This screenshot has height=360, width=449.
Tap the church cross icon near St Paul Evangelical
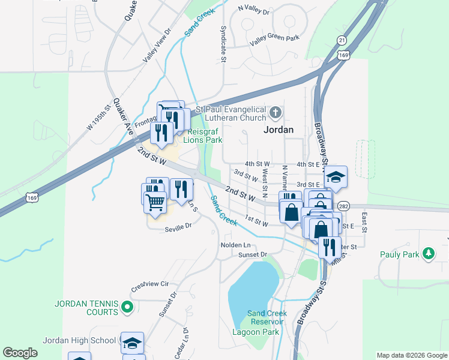pyautogui.click(x=275, y=112)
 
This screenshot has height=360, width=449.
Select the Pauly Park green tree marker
pyautogui.click(x=428, y=254)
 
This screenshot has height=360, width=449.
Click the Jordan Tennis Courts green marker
pyautogui.click(x=127, y=308)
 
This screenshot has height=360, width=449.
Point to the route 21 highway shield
pyautogui.click(x=342, y=40)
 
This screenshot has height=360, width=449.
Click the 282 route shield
pyautogui.click(x=343, y=206)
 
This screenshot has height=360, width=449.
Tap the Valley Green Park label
pyautogui.click(x=274, y=38)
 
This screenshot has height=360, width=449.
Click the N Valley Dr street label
pyautogui.click(x=254, y=9)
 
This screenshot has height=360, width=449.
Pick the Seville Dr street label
pyautogui.click(x=178, y=226)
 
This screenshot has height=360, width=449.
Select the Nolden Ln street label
pyautogui.click(x=235, y=245)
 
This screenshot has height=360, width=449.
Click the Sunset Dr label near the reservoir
pyautogui.click(x=252, y=255)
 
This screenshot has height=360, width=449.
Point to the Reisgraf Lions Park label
pyautogui.click(x=205, y=136)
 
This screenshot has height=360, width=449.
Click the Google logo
pyautogui.click(x=20, y=353)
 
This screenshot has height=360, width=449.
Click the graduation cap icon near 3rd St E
pyautogui.click(x=336, y=177)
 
